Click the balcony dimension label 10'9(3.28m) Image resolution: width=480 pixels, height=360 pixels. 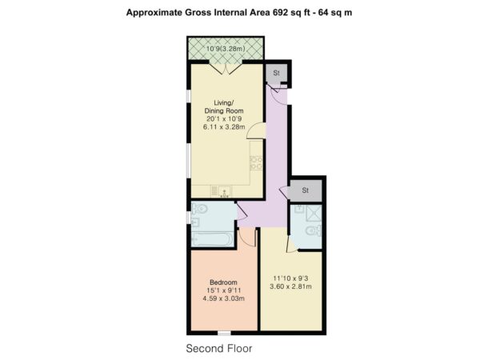(226, 49)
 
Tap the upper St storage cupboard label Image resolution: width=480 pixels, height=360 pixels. (277, 73)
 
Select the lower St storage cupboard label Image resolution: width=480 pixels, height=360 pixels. (306, 190)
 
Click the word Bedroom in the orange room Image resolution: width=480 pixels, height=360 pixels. (223, 282)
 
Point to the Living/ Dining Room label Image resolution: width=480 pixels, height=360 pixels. (224, 106)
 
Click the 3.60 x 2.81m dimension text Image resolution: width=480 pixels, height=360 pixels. (290, 286)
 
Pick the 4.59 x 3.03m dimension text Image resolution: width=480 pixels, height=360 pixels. (224, 298)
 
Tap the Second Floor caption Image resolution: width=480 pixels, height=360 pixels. (219, 348)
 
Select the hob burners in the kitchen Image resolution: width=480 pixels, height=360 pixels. (256, 163)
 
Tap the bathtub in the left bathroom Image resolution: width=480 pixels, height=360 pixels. (212, 239)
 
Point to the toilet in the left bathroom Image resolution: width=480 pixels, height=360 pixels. (199, 210)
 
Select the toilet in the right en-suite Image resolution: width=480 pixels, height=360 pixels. (314, 230)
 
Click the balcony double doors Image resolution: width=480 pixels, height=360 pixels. (226, 67)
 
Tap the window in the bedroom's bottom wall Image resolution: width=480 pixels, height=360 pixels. (224, 333)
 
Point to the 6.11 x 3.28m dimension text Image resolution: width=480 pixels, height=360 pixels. (224, 126)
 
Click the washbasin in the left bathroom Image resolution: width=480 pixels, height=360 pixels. (195, 222)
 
